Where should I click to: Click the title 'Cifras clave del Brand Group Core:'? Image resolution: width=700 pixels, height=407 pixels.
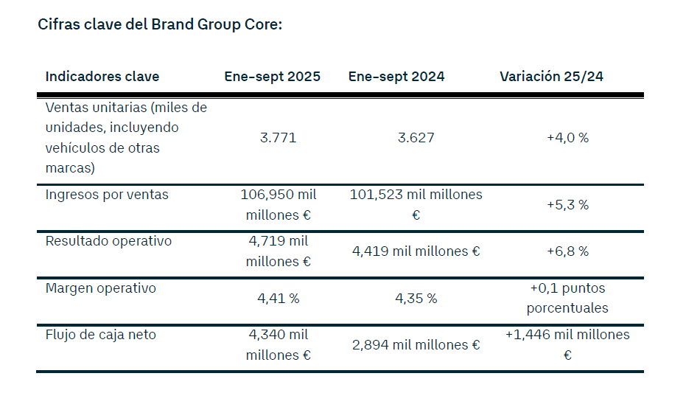(160, 24)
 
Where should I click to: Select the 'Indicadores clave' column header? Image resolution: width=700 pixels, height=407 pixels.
(102, 77)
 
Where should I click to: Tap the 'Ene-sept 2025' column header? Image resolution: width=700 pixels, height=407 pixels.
(273, 77)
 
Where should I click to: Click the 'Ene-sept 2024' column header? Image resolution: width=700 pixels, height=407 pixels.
(396, 77)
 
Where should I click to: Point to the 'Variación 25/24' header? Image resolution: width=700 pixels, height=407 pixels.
(551, 77)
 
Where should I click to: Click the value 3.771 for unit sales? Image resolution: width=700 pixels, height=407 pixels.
(278, 138)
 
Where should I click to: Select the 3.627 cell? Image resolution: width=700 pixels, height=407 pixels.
(416, 138)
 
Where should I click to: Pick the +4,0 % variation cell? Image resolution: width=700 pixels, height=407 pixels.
(567, 138)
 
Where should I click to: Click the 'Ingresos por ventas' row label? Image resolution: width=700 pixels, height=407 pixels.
(107, 195)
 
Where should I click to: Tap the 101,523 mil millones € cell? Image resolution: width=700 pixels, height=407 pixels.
(416, 205)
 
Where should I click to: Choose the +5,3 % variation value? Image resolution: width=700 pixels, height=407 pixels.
(567, 205)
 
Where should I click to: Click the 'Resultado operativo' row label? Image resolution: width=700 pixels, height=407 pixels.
(108, 241)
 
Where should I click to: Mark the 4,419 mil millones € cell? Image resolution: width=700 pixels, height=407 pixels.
(416, 251)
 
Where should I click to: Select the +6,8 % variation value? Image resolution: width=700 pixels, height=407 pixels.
(567, 251)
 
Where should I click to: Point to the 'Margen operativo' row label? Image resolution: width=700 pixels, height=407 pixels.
(101, 288)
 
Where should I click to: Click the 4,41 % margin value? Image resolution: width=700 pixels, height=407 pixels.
(278, 299)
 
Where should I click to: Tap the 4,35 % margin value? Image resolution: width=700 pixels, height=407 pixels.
(416, 299)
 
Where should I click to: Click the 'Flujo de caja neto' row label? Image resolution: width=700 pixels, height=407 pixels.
(101, 335)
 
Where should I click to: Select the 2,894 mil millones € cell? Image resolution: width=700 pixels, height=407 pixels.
(416, 345)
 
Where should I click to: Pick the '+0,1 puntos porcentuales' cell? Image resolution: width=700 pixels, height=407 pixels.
(567, 298)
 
